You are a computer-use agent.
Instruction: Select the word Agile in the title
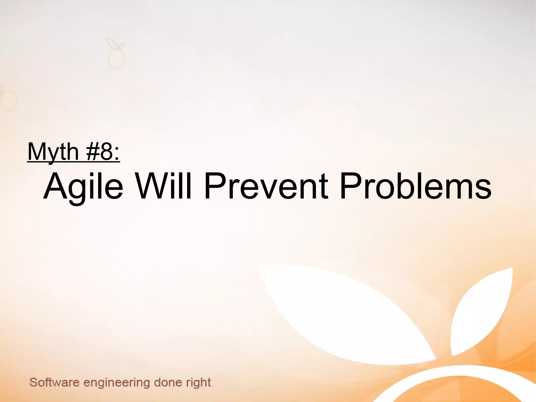83,186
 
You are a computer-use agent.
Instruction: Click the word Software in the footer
54,383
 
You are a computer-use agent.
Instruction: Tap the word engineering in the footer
116,383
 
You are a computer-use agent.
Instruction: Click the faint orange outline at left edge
8,100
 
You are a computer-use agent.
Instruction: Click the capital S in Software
33,383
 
